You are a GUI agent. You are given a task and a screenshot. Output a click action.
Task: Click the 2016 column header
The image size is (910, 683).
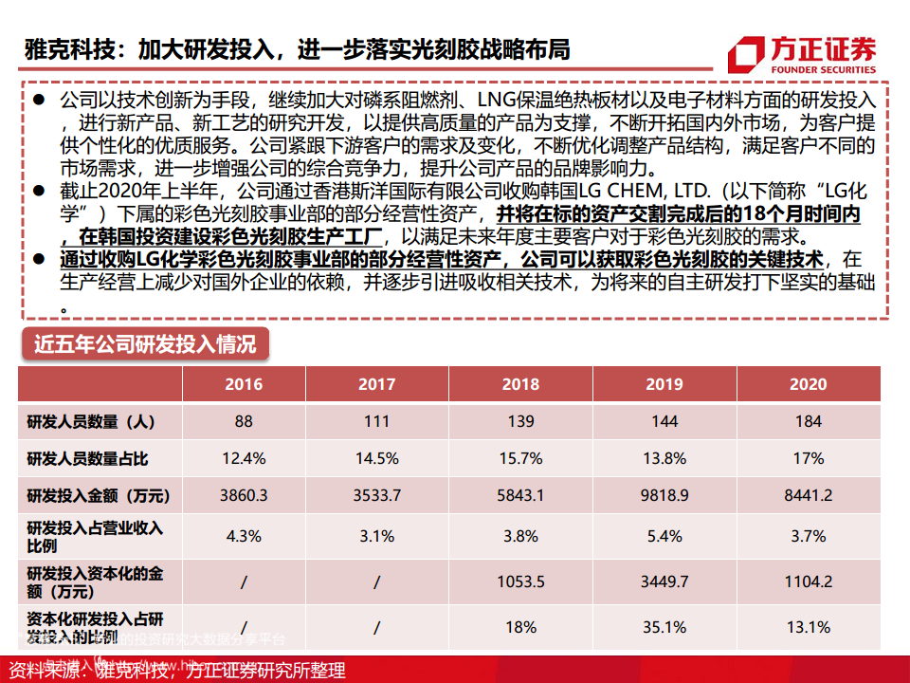[x=244, y=384]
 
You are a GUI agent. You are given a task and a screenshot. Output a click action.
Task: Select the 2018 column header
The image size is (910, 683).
[x=519, y=384]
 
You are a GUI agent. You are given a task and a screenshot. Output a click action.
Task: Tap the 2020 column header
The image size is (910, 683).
[x=808, y=384]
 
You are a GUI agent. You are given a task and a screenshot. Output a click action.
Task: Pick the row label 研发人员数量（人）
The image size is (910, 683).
[x=91, y=421]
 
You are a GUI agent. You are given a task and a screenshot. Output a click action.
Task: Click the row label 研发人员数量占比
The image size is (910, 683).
[x=88, y=459]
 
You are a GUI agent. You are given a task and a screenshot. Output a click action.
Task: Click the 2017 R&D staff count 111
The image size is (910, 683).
[x=376, y=421]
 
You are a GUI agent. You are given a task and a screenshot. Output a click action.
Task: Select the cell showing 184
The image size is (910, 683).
[x=808, y=421]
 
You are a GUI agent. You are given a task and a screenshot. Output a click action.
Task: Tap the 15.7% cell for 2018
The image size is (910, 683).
[x=519, y=459]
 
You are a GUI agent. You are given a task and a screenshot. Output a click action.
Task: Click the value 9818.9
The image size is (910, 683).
[x=664, y=495]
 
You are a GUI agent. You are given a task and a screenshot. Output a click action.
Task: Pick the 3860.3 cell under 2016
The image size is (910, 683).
[x=244, y=495]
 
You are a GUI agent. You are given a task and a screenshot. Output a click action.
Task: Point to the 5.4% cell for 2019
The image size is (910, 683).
[x=664, y=536]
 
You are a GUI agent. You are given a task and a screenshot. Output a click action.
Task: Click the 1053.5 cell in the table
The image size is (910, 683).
[x=519, y=581]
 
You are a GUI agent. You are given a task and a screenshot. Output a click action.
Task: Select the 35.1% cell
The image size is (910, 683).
[x=664, y=627]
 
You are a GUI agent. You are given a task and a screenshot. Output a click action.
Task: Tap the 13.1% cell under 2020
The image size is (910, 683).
[x=808, y=627]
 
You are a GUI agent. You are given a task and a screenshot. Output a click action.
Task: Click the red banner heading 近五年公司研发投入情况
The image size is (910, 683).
[x=145, y=343]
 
